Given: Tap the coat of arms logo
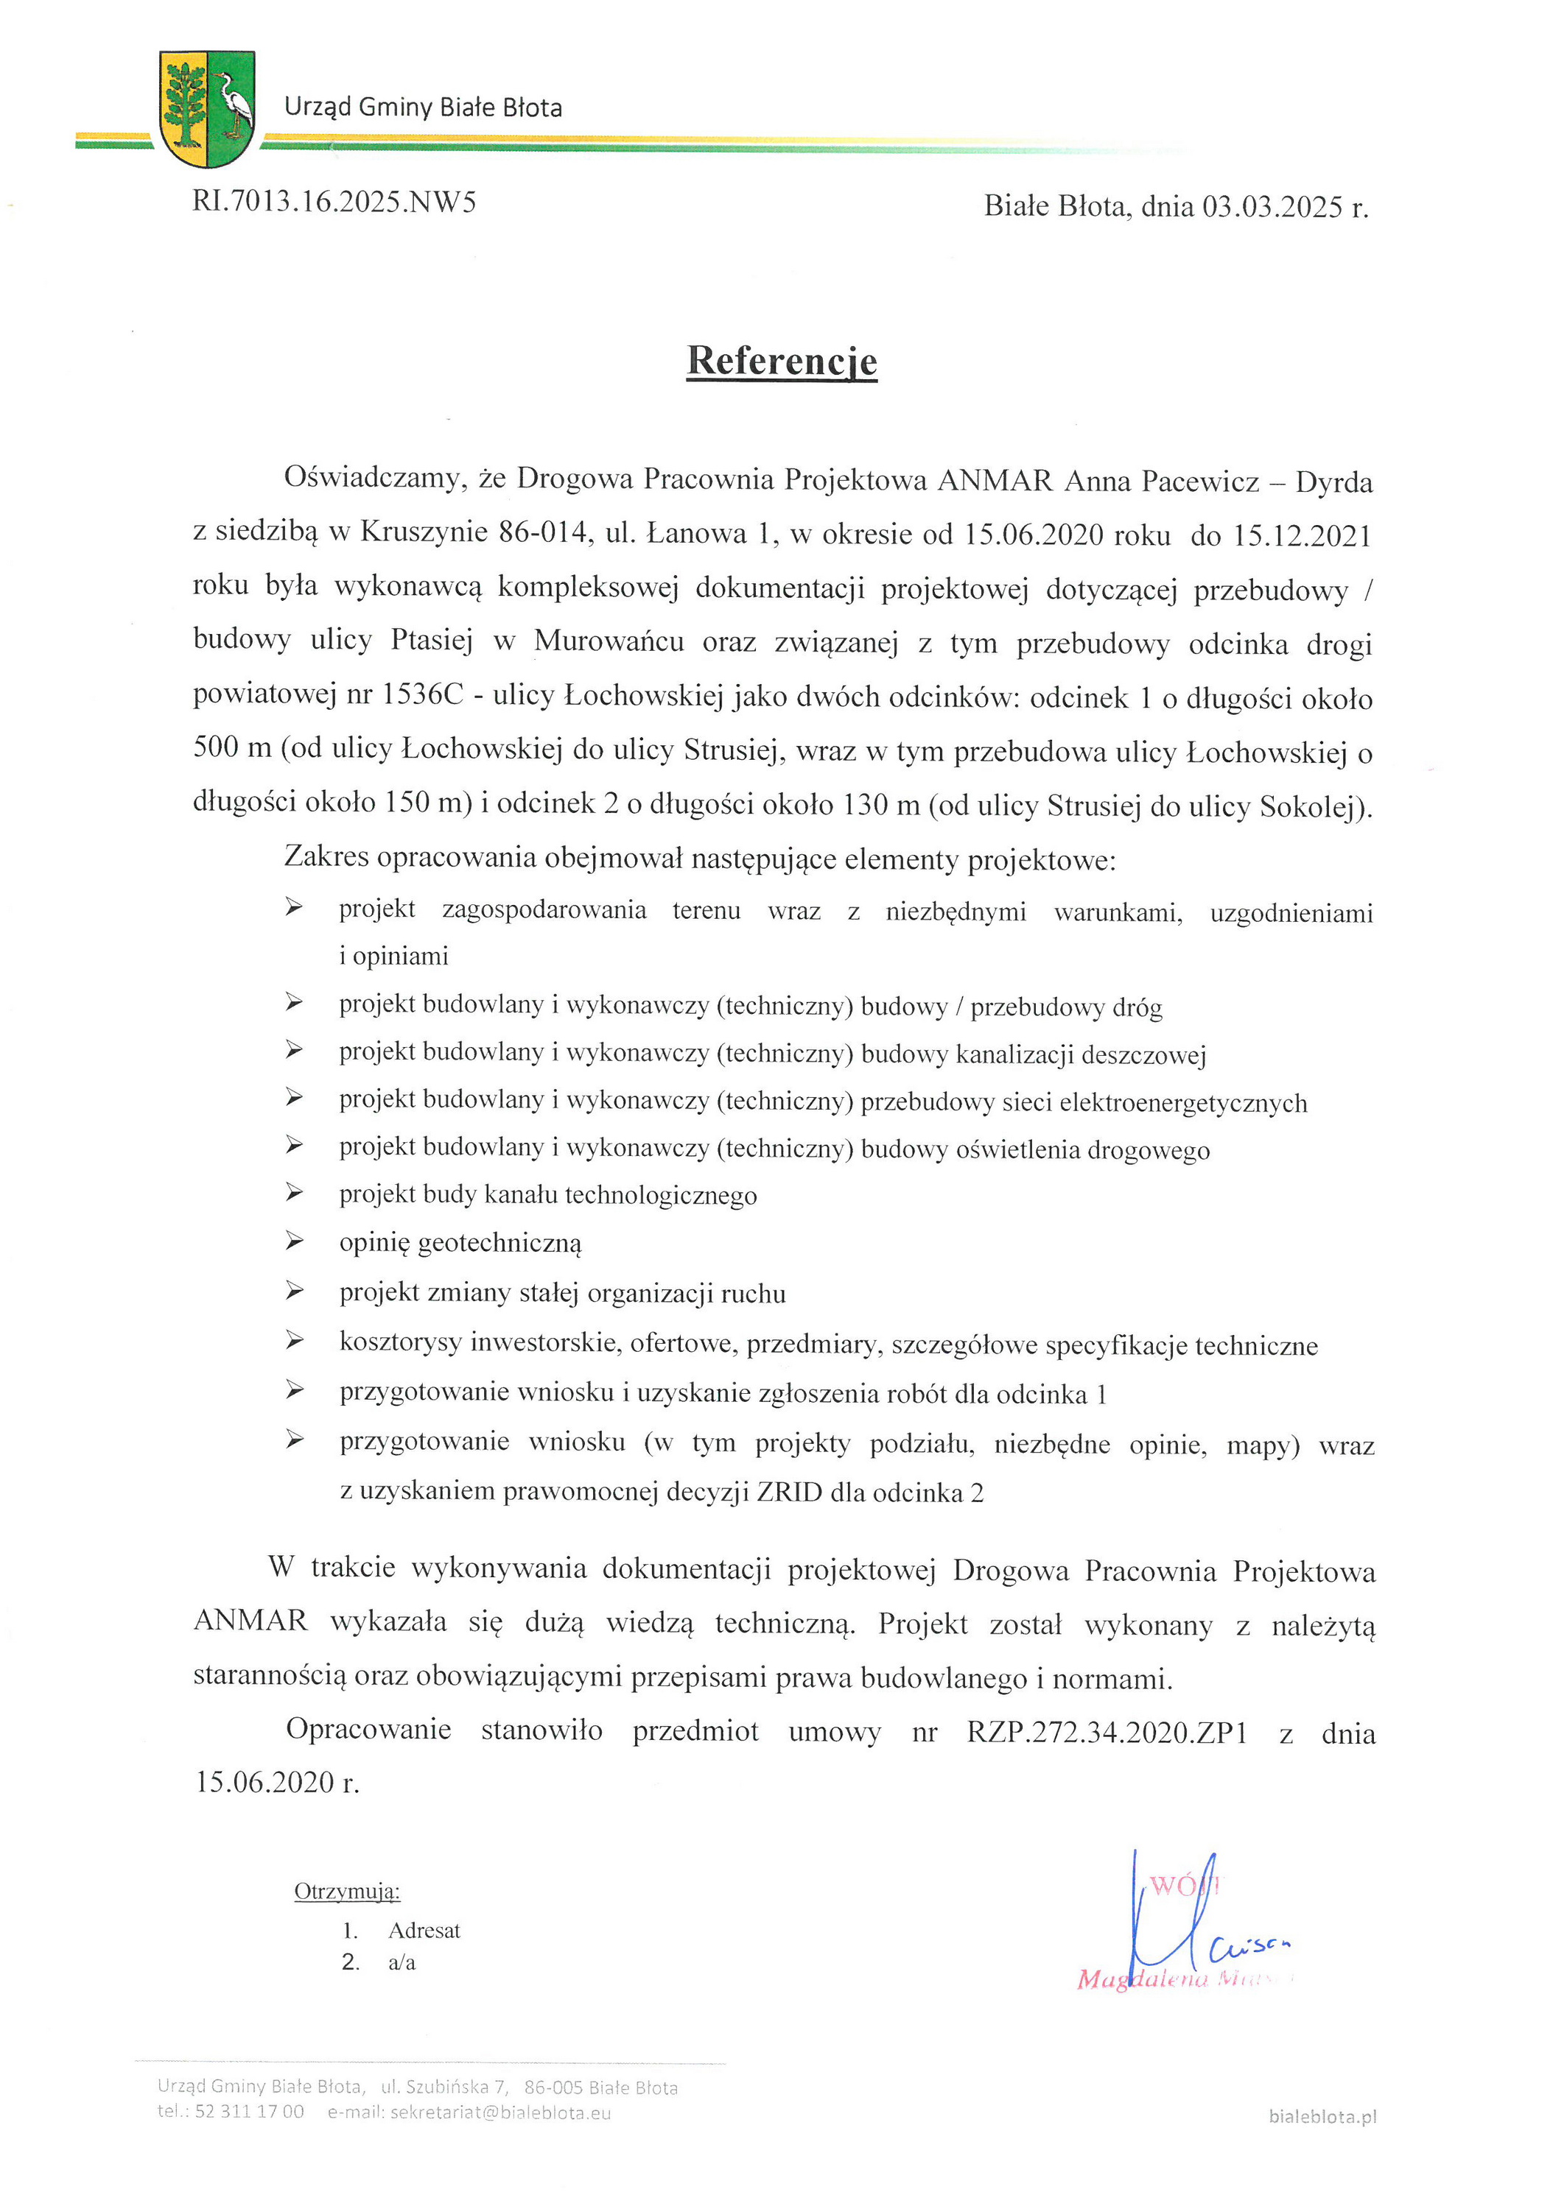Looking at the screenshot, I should point(206,108).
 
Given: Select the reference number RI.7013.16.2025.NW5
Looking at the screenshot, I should point(334,202).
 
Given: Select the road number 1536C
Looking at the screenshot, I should point(423,695).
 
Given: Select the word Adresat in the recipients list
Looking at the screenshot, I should point(424,1930).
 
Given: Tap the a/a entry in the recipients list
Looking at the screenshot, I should point(402,1963).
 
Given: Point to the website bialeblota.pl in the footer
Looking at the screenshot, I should point(1322,2117).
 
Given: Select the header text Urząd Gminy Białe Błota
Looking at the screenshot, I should point(423,107).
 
